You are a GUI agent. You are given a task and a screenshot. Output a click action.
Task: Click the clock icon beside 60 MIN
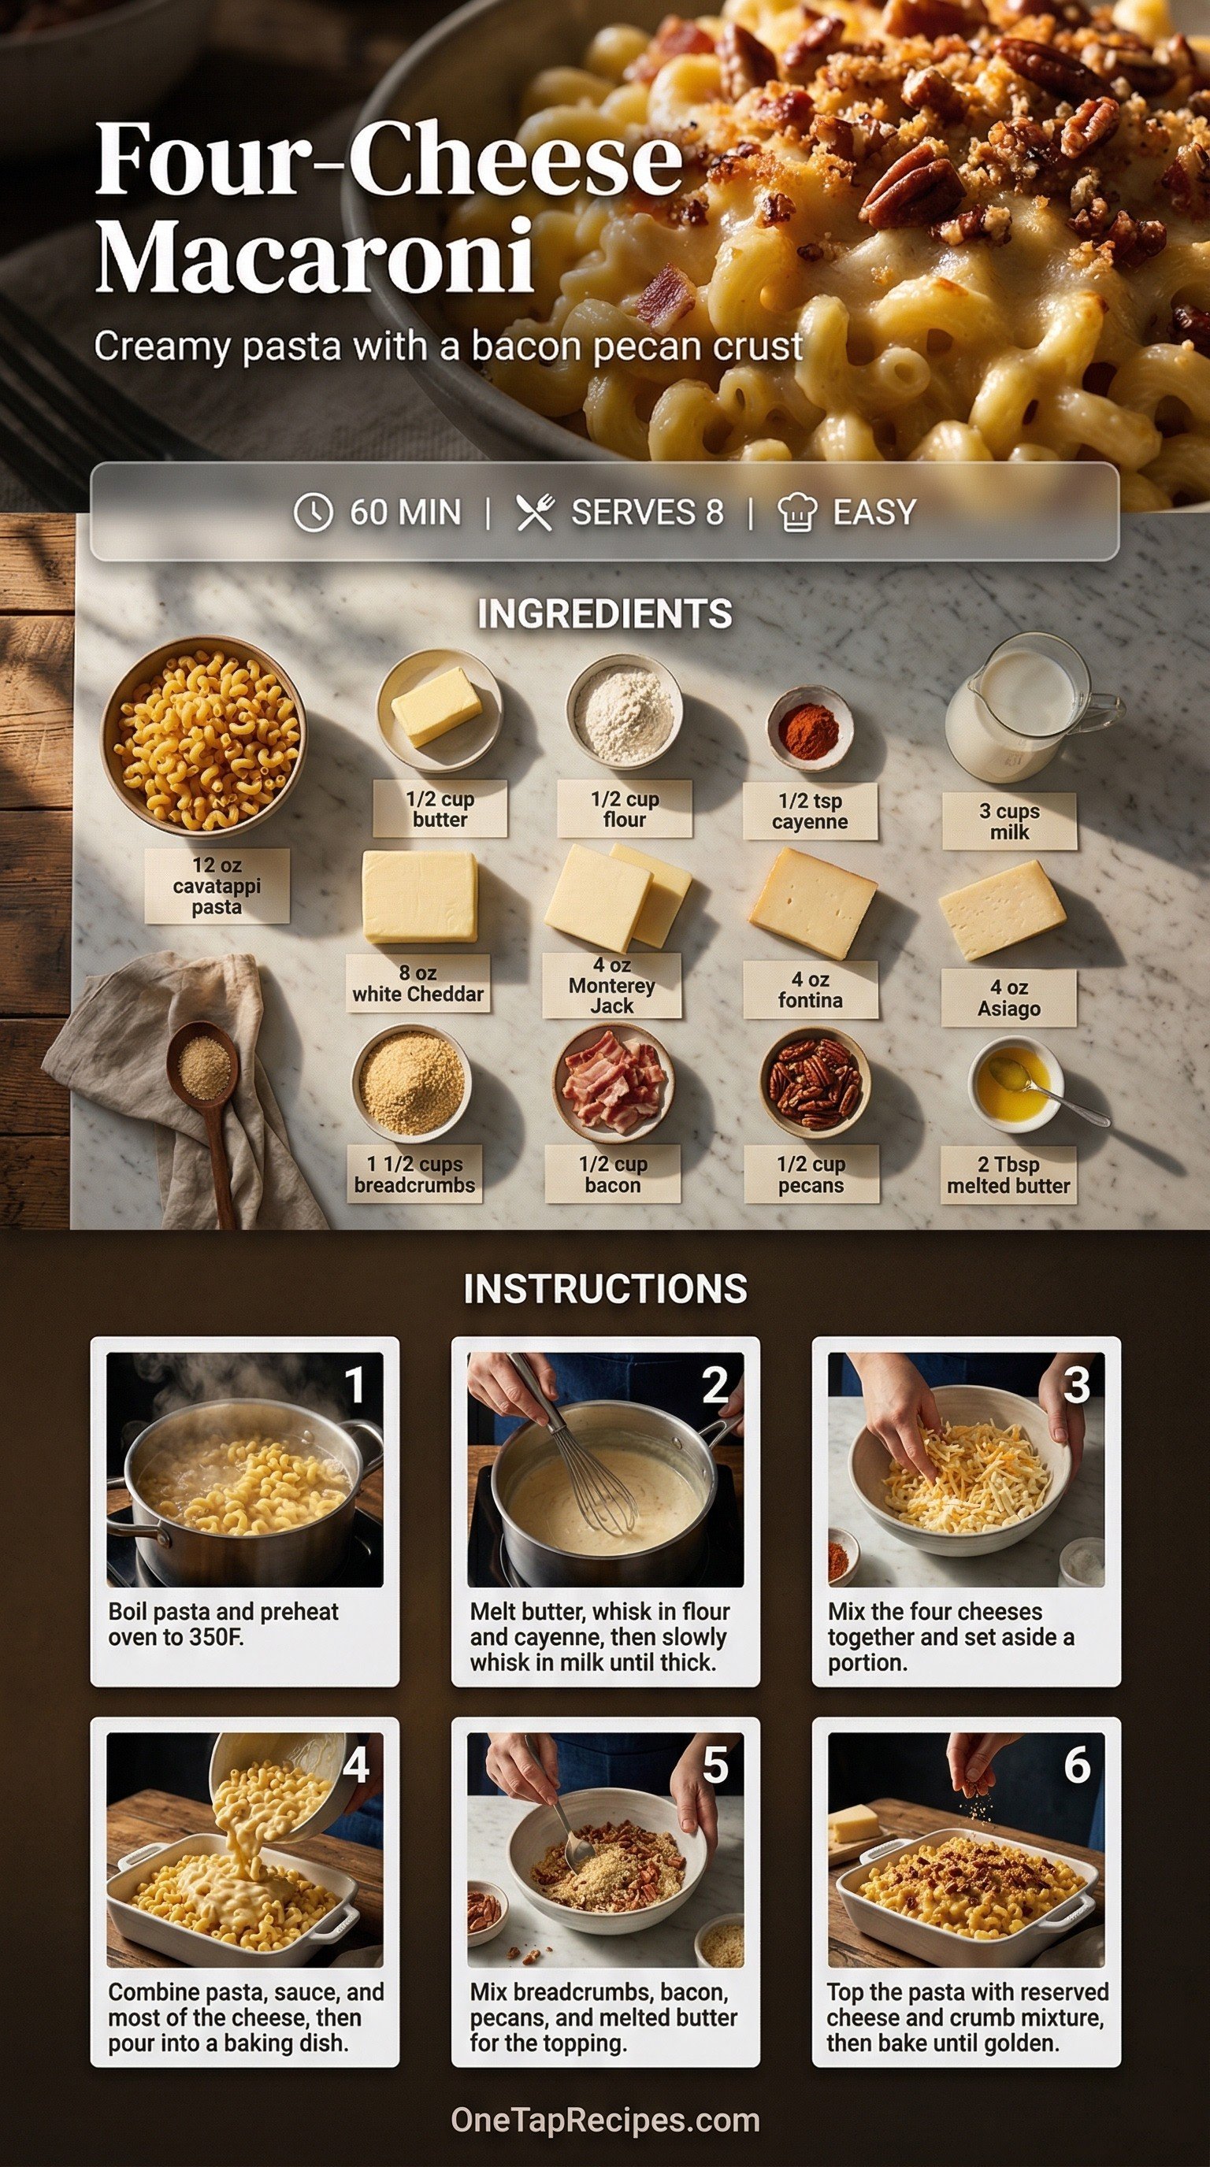pos(312,512)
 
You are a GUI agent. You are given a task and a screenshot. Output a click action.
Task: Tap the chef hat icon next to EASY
pos(797,513)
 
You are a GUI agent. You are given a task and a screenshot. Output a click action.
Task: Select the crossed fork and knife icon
pos(535,513)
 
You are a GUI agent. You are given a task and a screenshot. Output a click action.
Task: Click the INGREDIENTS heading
pos(605,614)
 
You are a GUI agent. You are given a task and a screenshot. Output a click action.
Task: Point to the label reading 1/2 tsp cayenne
pos(810,811)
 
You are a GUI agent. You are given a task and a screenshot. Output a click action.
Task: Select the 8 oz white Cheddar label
pos(418,983)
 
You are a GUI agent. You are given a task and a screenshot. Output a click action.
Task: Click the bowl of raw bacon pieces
pos(614,1083)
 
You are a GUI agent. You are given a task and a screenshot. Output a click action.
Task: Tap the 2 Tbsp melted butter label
pos(1008,1175)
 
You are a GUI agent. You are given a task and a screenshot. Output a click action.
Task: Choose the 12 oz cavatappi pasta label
pos(217,886)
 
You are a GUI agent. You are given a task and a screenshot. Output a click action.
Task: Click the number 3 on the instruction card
pos(1076,1384)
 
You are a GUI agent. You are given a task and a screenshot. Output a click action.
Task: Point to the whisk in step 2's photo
pos(581,1447)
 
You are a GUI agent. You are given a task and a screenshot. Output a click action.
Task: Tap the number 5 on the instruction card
pos(715,1764)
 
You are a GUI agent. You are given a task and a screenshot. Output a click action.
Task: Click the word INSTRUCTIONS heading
pos(605,1289)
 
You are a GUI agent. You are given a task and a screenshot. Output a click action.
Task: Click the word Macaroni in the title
pos(314,254)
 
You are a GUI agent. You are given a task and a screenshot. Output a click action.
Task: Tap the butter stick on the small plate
pos(436,707)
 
